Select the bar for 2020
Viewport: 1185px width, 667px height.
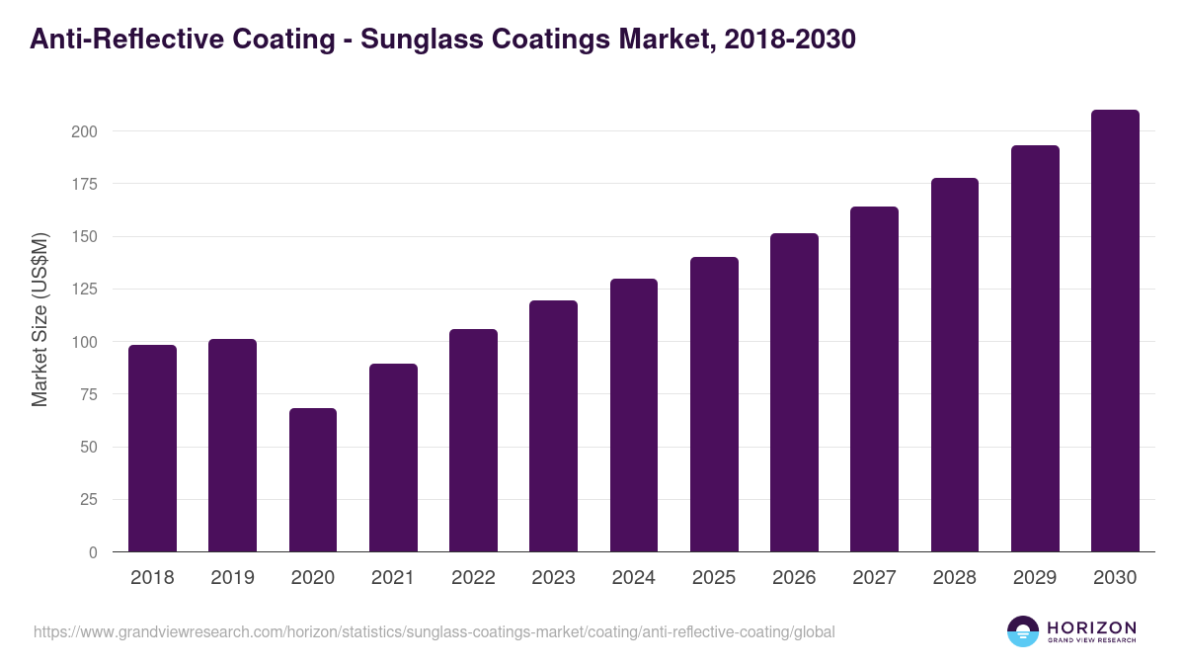(x=313, y=480)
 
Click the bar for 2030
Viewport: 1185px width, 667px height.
(x=1115, y=331)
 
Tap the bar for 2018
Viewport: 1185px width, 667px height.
(x=152, y=449)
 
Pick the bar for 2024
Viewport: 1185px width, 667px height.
(x=634, y=415)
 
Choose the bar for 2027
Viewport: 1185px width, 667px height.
(x=874, y=379)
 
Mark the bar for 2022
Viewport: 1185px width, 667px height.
(x=473, y=441)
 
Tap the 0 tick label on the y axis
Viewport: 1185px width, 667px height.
(x=93, y=552)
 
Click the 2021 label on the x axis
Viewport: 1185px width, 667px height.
(x=393, y=578)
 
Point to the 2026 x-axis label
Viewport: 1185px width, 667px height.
(x=794, y=578)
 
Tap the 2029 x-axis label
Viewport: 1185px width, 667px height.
(x=1035, y=578)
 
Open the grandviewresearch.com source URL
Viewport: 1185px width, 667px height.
(x=434, y=631)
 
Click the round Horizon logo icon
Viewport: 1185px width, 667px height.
(x=1023, y=631)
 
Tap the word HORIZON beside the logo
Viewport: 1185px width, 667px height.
(x=1091, y=627)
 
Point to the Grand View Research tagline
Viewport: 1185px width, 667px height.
(x=1091, y=641)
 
